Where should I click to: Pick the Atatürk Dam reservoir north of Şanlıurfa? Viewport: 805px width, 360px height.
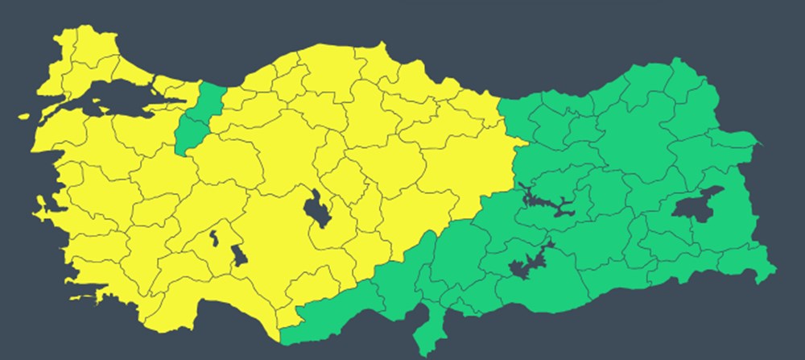click(x=527, y=266)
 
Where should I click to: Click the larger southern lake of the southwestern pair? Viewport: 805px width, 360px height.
click(x=238, y=257)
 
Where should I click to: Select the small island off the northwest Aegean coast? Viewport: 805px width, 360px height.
click(x=25, y=116)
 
